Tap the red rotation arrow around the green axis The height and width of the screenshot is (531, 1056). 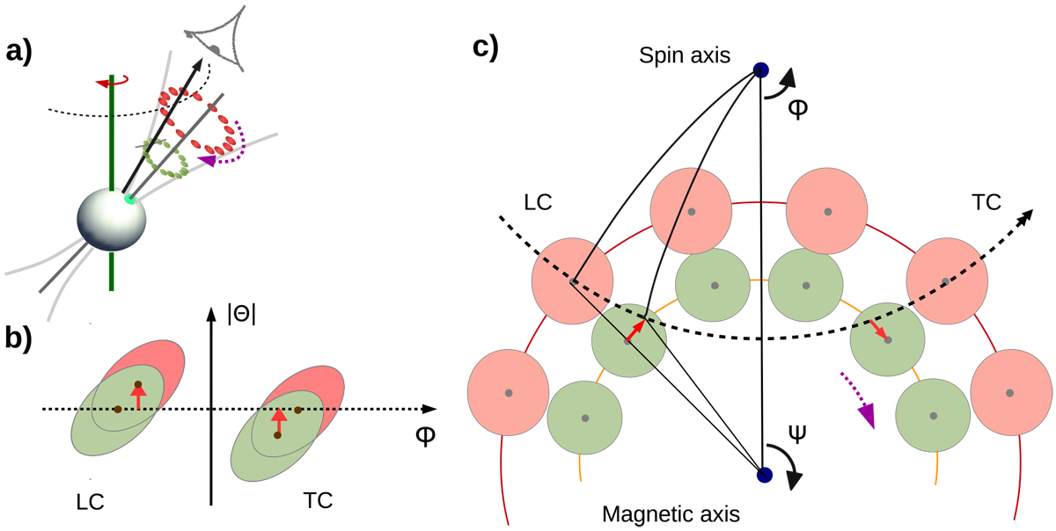106,83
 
